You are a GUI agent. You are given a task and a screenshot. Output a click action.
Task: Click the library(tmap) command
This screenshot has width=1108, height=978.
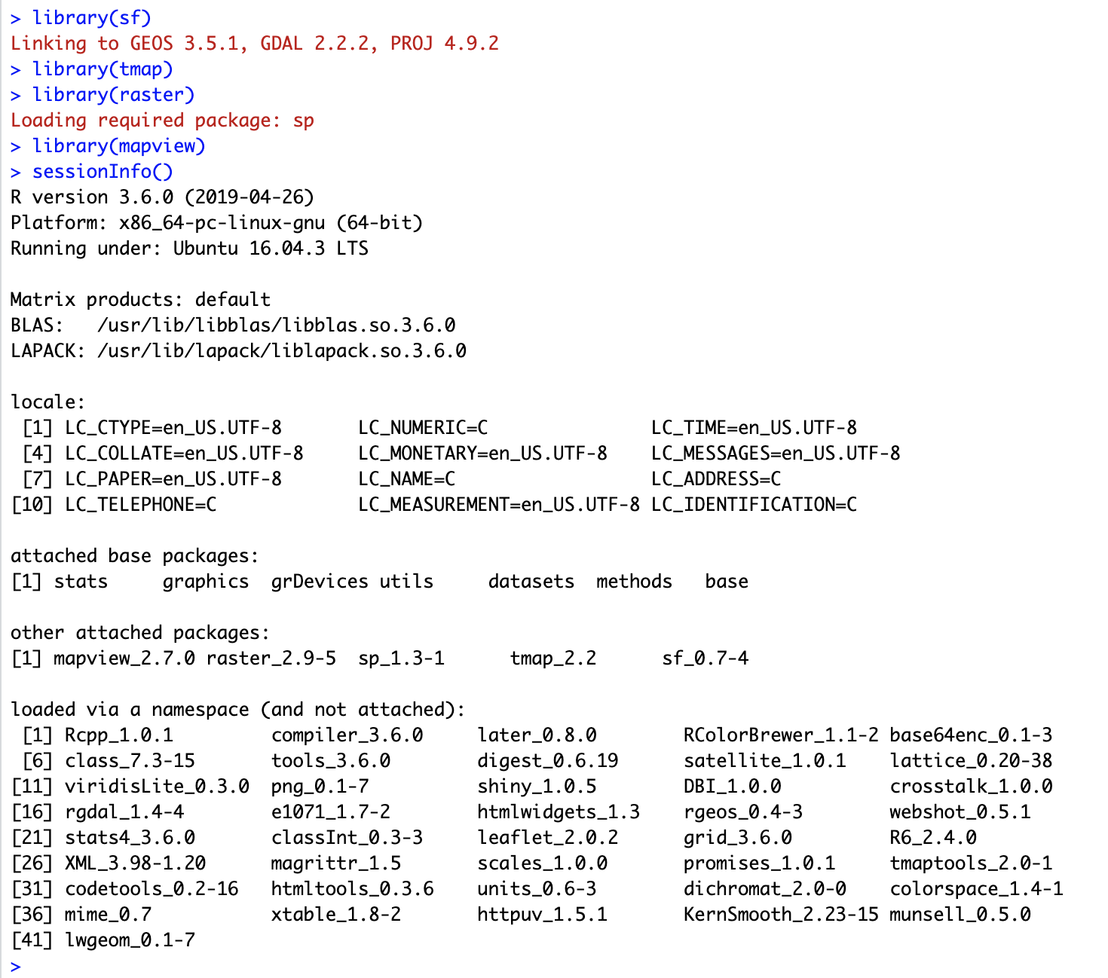tap(103, 69)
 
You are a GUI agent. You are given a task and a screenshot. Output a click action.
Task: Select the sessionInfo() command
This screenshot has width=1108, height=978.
tap(103, 172)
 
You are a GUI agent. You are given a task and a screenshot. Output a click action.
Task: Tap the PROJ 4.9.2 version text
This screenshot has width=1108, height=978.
tap(444, 43)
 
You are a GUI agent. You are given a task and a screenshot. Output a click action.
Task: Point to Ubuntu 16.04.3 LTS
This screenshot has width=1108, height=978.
tap(271, 249)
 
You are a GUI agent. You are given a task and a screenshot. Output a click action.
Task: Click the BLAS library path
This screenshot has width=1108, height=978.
tap(276, 325)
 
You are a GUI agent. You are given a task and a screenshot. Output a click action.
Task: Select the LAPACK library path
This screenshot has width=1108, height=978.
tap(281, 351)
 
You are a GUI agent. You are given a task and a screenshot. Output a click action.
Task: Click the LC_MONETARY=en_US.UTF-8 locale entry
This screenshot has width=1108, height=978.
tap(482, 454)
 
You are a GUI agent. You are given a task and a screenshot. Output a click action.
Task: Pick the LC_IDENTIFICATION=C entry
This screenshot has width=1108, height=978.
tap(754, 505)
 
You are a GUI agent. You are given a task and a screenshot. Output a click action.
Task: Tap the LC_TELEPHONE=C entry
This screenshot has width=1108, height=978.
tap(140, 505)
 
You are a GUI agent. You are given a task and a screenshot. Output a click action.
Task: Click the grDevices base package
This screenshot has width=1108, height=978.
tap(320, 582)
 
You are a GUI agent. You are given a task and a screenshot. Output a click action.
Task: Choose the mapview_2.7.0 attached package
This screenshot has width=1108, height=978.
tap(124, 659)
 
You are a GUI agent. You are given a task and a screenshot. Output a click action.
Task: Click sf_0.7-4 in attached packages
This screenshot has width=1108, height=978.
tap(705, 659)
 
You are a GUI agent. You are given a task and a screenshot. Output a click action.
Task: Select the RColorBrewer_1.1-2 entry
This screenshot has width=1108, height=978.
tap(780, 735)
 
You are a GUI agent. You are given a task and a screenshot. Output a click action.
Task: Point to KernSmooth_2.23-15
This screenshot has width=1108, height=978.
tap(780, 915)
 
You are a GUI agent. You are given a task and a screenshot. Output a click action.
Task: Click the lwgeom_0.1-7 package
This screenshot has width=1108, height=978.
tap(130, 940)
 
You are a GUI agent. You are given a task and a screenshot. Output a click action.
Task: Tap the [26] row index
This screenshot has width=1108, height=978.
tap(32, 863)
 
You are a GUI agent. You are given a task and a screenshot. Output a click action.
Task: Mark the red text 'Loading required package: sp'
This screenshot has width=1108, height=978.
tap(162, 121)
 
